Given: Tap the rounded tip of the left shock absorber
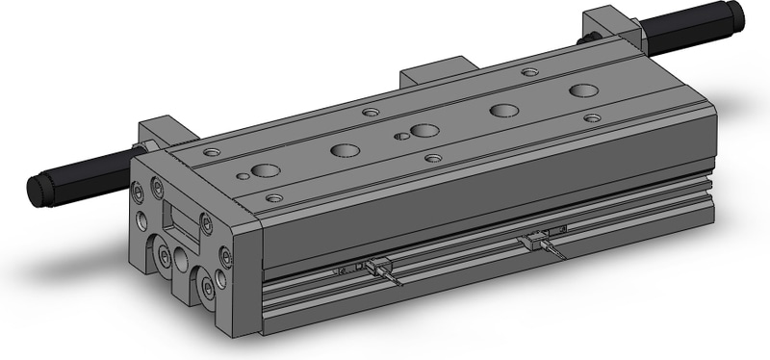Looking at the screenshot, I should (x=40, y=190).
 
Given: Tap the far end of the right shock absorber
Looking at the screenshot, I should (x=736, y=14).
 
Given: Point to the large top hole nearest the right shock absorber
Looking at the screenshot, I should (x=582, y=90).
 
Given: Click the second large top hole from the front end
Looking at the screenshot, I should (x=345, y=149).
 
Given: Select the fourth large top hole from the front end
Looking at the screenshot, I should (x=502, y=110).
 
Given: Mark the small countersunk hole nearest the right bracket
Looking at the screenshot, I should (x=529, y=71).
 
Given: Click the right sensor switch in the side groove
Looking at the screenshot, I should (x=539, y=239).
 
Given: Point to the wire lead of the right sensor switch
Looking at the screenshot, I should (x=556, y=252).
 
